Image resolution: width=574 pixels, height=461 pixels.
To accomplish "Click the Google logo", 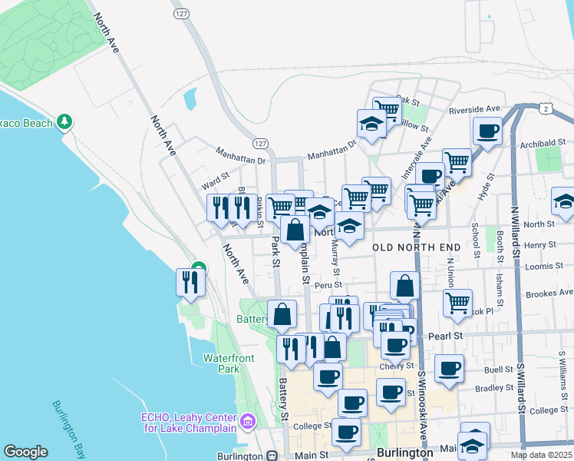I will (25, 452).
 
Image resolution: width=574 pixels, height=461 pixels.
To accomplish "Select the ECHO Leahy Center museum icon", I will (248, 421).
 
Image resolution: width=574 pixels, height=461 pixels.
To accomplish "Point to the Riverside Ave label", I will (475, 110).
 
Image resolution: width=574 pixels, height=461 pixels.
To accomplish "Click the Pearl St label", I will (446, 337).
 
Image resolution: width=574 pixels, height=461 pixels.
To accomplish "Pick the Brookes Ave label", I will (549, 294).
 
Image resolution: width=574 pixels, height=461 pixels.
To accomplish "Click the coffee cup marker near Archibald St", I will (487, 131).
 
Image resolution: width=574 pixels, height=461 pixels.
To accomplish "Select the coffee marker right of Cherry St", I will (449, 367).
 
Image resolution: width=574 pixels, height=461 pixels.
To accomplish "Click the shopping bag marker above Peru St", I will (404, 286).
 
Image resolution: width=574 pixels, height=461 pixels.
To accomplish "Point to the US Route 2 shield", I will (545, 109).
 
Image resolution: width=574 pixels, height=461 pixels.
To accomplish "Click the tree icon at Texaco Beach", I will (65, 121).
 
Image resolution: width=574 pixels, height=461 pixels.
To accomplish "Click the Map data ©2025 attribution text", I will (541, 455).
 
